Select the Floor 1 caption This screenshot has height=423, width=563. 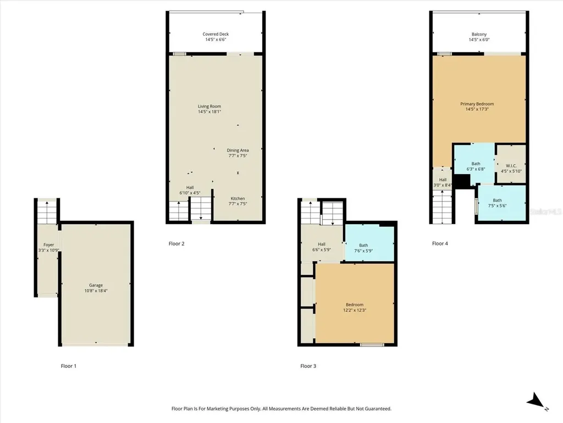(69, 366)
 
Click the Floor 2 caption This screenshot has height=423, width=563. (176, 243)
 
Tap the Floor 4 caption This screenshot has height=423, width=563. (440, 243)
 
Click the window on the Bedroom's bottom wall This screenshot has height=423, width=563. (372, 345)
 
